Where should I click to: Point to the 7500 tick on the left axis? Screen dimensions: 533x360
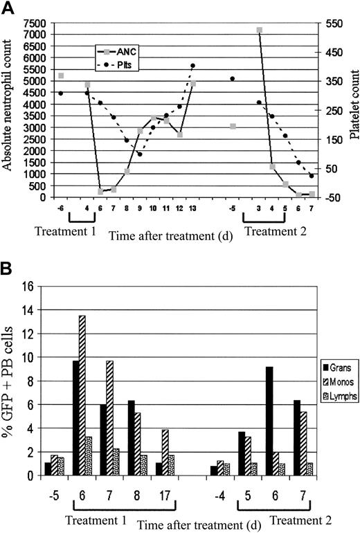click(35, 23)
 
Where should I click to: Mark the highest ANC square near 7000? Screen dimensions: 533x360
click(259, 30)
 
